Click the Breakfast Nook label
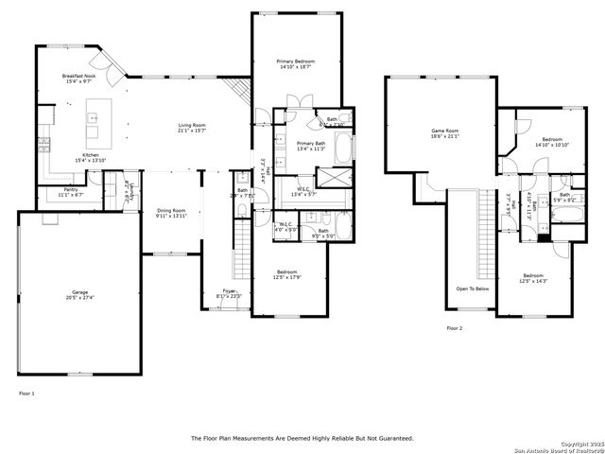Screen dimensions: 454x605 click(x=78, y=76)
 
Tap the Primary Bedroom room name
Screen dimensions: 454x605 click(x=296, y=61)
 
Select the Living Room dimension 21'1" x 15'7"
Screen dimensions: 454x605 click(x=192, y=131)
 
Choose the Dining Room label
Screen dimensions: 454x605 click(x=171, y=210)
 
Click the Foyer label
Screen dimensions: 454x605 click(x=229, y=290)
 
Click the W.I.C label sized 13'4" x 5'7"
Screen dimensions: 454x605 click(x=303, y=189)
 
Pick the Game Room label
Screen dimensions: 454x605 click(x=444, y=131)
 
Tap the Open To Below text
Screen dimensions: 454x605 click(x=472, y=288)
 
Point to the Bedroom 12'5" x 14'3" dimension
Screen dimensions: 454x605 click(x=534, y=281)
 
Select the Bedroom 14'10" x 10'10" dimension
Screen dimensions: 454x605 click(x=551, y=145)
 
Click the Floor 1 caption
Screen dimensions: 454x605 click(x=26, y=393)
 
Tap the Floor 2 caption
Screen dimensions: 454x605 click(x=455, y=328)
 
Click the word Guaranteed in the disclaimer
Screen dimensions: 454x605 click(x=392, y=438)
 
